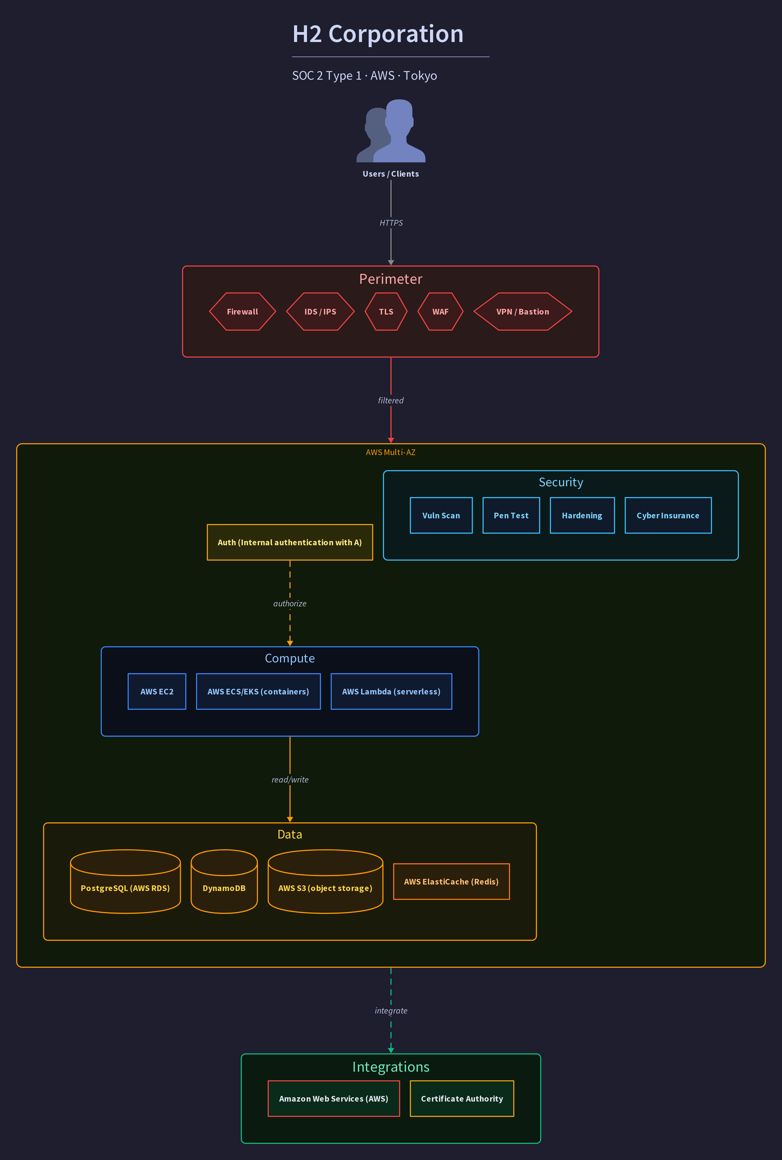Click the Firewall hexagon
(242, 312)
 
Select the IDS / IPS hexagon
(320, 312)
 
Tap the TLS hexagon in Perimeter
(386, 312)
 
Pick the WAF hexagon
(440, 312)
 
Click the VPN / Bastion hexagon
(523, 312)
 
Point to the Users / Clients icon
(391, 131)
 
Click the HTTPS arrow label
(391, 223)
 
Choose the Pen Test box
(511, 515)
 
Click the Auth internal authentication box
(290, 542)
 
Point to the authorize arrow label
(290, 603)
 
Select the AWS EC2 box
(157, 691)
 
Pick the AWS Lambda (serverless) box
(392, 691)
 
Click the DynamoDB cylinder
(224, 881)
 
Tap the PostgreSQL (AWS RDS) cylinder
(125, 881)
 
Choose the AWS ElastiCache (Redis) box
(451, 881)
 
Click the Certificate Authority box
(462, 1098)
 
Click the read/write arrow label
(290, 780)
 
